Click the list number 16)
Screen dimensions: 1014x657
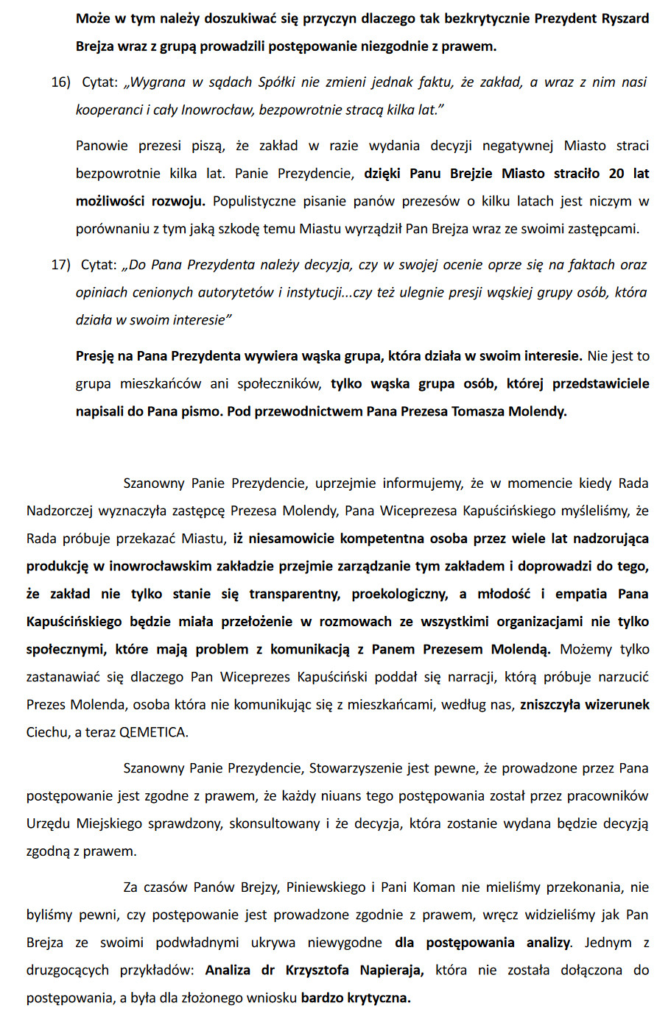(60, 82)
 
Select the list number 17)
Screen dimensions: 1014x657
(60, 265)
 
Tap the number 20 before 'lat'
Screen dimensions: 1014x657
(617, 174)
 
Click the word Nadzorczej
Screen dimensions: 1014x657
(63, 511)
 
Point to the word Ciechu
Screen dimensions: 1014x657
(46, 733)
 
